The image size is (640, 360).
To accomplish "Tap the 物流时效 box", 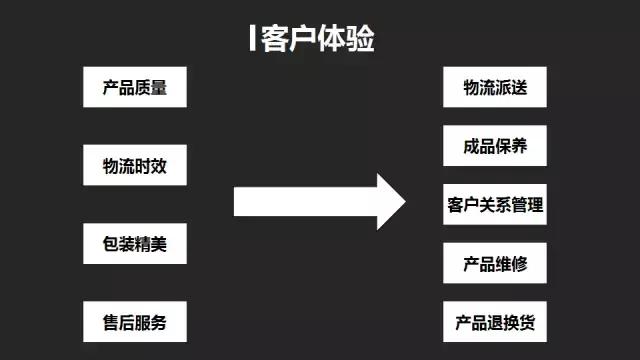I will pyautogui.click(x=134, y=165).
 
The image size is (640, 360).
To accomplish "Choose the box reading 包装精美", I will pyautogui.click(x=134, y=244).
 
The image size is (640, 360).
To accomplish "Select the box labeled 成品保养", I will pyautogui.click(x=495, y=146).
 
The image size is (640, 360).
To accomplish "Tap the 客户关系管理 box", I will pyautogui.click(x=495, y=205).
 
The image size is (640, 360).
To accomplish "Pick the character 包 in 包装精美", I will pyautogui.click(x=110, y=244).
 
